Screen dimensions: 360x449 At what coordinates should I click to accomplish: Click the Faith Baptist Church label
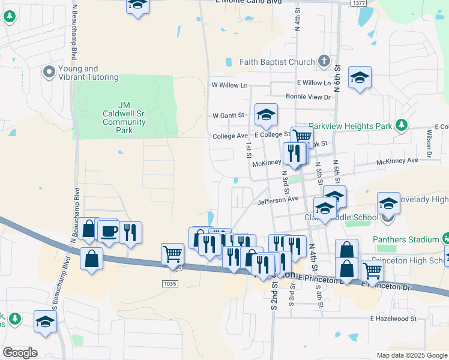[x=277, y=62]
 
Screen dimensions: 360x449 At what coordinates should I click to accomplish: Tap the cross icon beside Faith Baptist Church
[x=324, y=61]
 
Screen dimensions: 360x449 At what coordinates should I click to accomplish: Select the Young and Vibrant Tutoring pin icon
[x=49, y=73]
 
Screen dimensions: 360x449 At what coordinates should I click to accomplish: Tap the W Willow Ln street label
[x=229, y=85]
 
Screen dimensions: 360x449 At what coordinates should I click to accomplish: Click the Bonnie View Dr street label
[x=308, y=97]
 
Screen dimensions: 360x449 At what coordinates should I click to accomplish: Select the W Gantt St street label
[x=228, y=115]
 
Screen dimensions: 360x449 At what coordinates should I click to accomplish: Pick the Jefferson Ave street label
[x=278, y=199]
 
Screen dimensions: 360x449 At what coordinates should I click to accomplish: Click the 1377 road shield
[x=359, y=3]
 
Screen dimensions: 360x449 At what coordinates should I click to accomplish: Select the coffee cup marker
[x=109, y=230]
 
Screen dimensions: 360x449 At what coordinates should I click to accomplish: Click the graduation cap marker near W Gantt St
[x=266, y=115]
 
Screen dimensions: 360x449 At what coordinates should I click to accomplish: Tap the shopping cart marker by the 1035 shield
[x=172, y=254]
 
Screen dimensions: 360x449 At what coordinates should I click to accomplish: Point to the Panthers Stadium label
[x=414, y=239]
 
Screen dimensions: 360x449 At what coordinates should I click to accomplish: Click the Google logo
[x=20, y=353]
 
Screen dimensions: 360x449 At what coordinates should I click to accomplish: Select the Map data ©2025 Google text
[x=411, y=355]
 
